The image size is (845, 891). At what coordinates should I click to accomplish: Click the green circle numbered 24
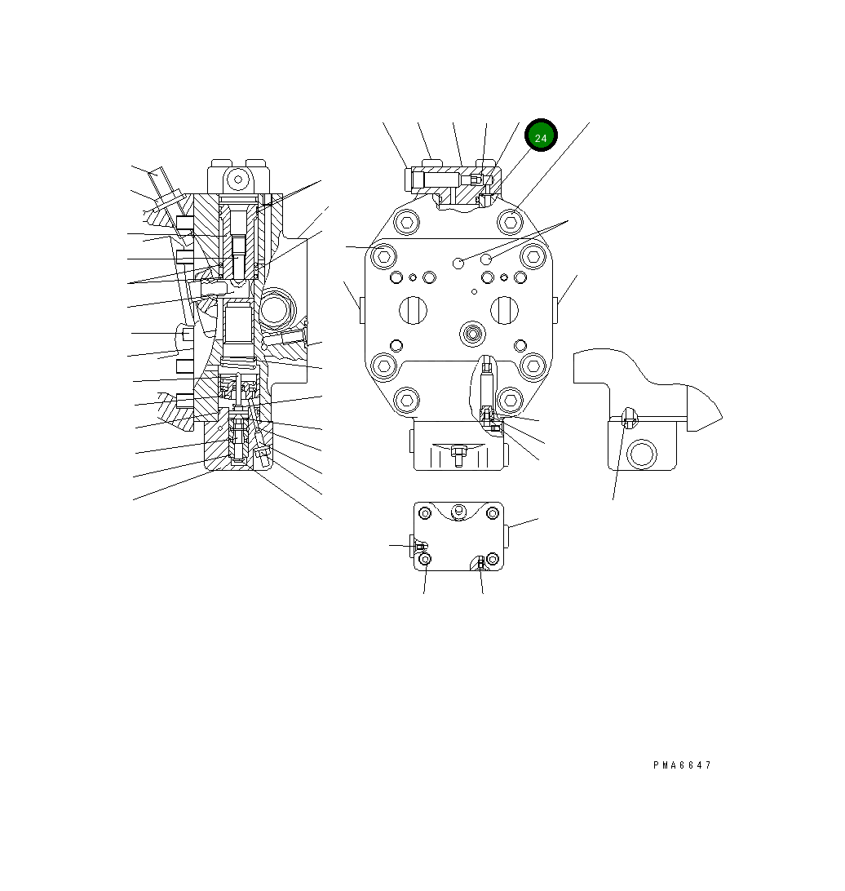point(541,137)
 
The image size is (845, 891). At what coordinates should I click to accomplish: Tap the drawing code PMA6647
point(682,765)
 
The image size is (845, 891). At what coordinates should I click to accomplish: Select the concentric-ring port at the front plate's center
point(472,331)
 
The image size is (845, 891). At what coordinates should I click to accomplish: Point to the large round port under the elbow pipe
point(642,453)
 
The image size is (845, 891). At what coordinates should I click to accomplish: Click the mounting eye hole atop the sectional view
point(238,179)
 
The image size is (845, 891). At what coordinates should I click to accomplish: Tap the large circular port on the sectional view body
point(276,311)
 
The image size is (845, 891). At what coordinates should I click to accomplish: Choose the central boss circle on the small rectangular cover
point(458,512)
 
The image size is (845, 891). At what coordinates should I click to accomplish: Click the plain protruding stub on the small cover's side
point(508,536)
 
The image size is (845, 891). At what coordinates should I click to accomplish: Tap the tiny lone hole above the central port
point(475,290)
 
